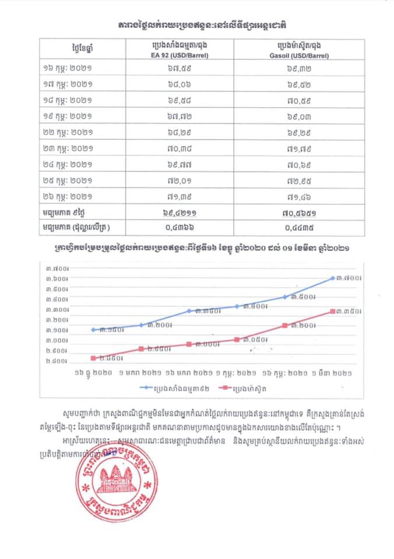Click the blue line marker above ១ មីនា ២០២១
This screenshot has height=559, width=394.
pos(333,278)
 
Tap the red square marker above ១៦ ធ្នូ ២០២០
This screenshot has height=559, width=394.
pos(93,358)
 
